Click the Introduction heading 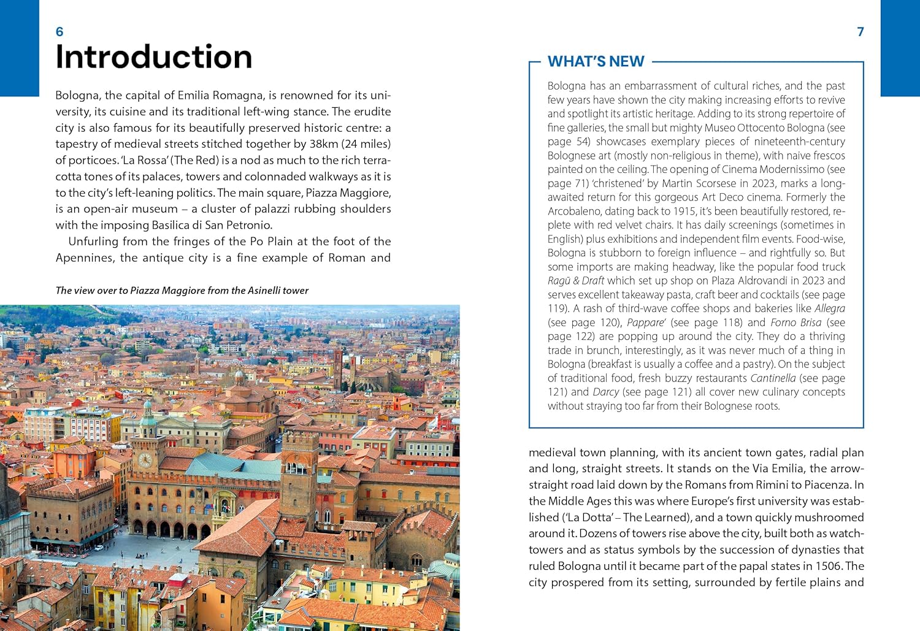tap(153, 57)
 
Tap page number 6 tap(59, 32)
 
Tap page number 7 tap(861, 32)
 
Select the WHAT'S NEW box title tap(596, 61)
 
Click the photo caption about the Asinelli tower tap(182, 291)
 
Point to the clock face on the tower tap(145, 459)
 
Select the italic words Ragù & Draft tap(575, 281)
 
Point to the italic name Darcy tap(605, 392)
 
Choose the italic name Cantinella tap(772, 378)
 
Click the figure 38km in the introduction tap(324, 144)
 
